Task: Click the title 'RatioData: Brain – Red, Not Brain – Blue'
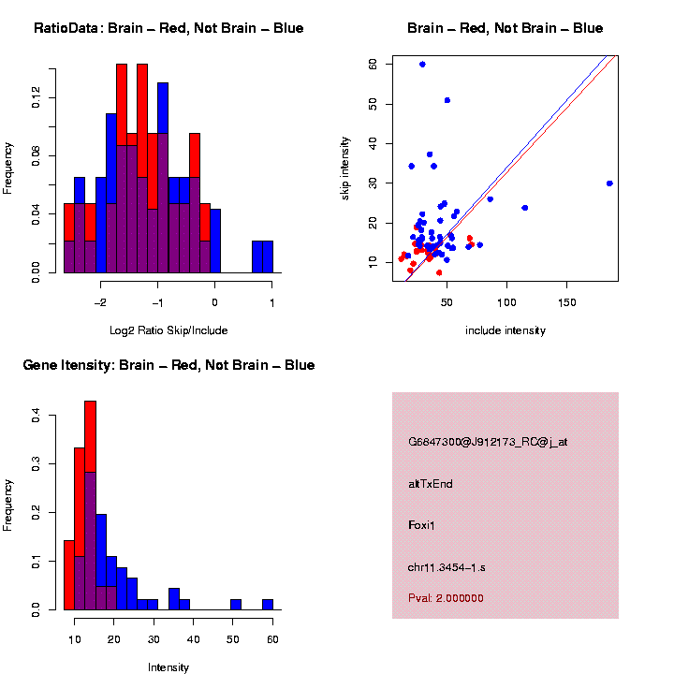point(168,28)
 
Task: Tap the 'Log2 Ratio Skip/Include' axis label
point(168,330)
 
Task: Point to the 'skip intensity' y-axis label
point(345,168)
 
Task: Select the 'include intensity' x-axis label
point(505,330)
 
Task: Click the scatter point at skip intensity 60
point(422,64)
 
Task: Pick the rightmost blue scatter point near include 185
point(609,183)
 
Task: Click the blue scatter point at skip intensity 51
point(447,100)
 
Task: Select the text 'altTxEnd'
point(431,484)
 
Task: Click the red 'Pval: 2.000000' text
point(446,598)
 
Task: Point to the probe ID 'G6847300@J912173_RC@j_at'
point(488,442)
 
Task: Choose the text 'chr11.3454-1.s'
point(447,567)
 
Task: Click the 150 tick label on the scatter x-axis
point(566,302)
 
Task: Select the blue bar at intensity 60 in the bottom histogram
point(268,605)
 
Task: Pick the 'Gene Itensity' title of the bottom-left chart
point(168,365)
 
